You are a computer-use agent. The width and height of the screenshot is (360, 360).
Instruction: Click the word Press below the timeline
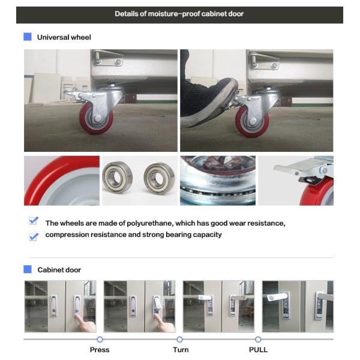100,349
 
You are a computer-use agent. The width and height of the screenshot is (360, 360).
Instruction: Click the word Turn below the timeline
181,349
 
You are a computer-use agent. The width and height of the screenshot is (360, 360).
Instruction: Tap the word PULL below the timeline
258,349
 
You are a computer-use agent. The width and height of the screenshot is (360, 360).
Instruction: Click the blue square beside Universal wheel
28,37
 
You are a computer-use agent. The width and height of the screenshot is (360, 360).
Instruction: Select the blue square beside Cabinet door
28,269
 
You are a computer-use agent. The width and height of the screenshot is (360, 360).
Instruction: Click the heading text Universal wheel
64,37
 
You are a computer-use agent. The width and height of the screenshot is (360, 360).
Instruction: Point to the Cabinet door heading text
59,270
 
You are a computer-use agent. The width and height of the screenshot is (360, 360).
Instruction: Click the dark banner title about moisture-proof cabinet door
179,14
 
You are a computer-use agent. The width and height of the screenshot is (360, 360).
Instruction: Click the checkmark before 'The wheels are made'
34,221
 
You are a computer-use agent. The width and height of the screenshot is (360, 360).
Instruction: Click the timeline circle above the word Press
100,339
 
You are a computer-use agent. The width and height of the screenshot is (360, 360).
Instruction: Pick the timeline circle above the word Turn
179,339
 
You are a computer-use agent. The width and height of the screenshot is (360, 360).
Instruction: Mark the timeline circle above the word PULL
258,339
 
